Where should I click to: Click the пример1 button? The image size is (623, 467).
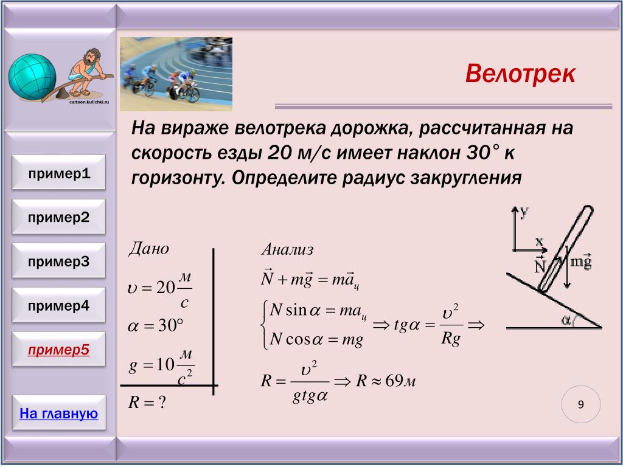pos(59,172)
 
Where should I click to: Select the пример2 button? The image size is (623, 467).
pos(59,216)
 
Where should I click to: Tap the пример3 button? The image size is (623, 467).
pos(59,260)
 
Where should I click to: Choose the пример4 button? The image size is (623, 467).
pos(59,305)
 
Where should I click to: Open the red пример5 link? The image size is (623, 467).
pos(59,350)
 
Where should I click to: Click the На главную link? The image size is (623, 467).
pos(59,413)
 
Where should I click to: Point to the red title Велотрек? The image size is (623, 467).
pos(520,74)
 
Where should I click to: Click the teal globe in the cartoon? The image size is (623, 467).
pos(32,77)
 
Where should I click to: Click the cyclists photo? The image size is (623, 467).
pos(176,74)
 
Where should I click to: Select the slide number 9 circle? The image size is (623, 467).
pos(581,404)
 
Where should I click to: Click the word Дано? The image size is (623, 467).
pos(148,249)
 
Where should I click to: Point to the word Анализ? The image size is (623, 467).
pos(288,249)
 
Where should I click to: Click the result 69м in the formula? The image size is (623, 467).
pos(400,381)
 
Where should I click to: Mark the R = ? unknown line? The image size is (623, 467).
pos(147,403)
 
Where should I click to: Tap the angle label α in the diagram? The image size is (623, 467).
pos(566,319)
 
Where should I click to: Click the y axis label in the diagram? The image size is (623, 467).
pos(524,212)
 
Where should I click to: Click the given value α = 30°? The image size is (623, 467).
pos(155,326)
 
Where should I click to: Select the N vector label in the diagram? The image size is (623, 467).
pos(540,264)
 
